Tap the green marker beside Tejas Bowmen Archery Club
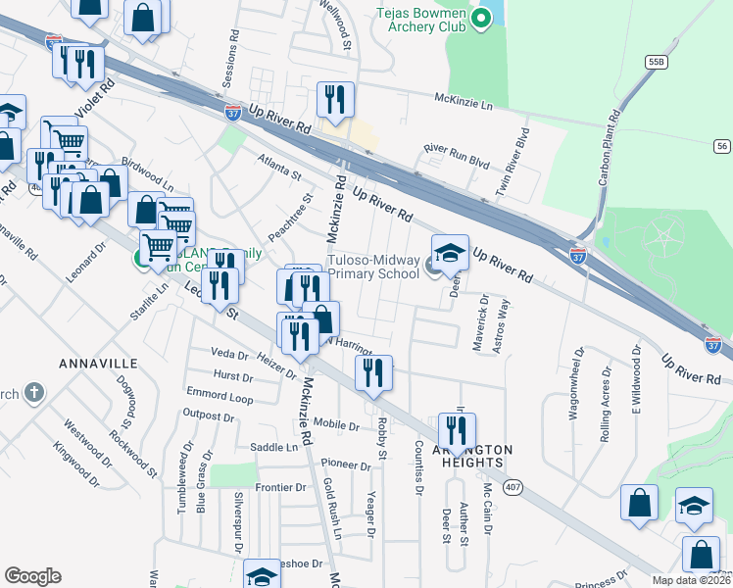click(x=481, y=18)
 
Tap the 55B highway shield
click(x=656, y=62)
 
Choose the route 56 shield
click(x=721, y=146)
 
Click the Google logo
click(x=32, y=575)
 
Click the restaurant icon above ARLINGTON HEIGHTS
click(x=457, y=429)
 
